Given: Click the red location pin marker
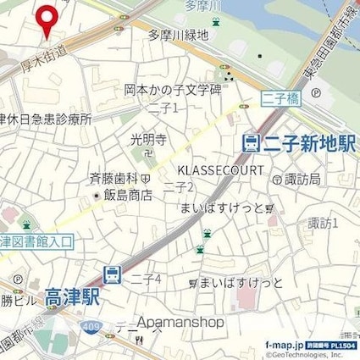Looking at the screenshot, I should coord(46,19).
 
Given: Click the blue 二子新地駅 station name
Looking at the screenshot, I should coord(308,144).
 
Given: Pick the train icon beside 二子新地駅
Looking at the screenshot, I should coord(250,143).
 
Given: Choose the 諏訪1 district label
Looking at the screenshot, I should coord(323,223).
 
